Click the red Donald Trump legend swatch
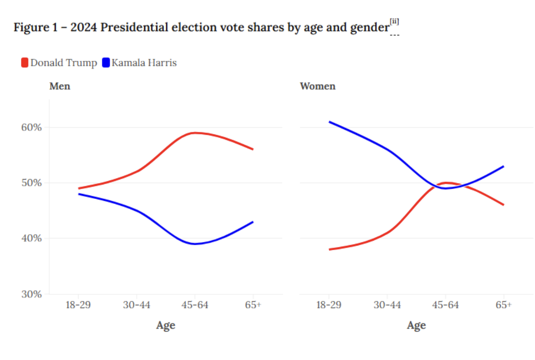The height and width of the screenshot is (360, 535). pos(25,62)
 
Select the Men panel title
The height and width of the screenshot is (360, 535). pos(60,86)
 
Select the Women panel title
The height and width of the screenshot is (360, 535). pos(317,86)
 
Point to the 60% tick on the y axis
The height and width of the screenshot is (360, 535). pos(32,127)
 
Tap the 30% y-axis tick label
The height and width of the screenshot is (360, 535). pos(32,294)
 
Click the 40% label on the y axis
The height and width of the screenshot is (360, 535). pos(32,238)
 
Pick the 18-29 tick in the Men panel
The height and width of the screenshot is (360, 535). pos(79,305)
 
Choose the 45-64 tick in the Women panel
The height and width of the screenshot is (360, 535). pos(445,305)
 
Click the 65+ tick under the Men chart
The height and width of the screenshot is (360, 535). pos(253,305)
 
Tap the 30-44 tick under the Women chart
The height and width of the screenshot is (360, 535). pos(387,305)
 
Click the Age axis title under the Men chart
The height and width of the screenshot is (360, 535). pos(165,325)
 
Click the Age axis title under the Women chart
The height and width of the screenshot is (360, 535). pos(416,325)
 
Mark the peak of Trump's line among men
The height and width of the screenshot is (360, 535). pos(195,133)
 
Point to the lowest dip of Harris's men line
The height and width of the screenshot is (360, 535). pos(195,244)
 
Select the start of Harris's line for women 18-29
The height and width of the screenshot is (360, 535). pos(330,122)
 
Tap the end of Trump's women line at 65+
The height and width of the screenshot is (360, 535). pos(503,205)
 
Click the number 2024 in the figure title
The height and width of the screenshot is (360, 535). pos(84,28)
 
